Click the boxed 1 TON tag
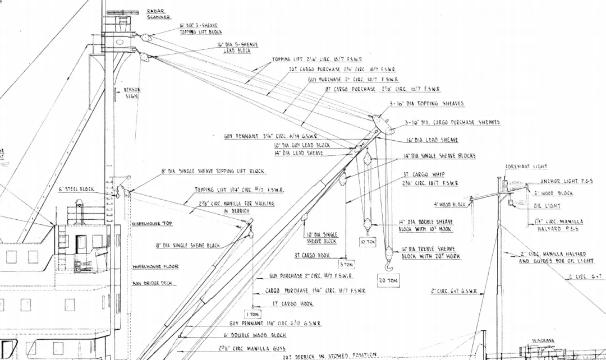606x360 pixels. pyautogui.click(x=253, y=315)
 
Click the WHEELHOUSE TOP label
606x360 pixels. pyautogui.click(x=152, y=224)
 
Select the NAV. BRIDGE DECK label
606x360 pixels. pyautogui.click(x=151, y=284)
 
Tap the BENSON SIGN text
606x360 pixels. pyautogui.click(x=132, y=93)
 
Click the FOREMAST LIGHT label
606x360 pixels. pyautogui.click(x=526, y=167)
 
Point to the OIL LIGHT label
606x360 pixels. pyautogui.click(x=547, y=206)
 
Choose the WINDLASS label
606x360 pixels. pyautogui.click(x=543, y=340)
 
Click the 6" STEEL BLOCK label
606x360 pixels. pyautogui.click(x=76, y=190)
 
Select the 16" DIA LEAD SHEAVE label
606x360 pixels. pyautogui.click(x=431, y=140)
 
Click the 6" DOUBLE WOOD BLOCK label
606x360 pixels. pyautogui.click(x=255, y=335)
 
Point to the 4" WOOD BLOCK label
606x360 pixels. pyautogui.click(x=449, y=205)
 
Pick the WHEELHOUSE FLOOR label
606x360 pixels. pyautogui.click(x=154, y=267)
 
